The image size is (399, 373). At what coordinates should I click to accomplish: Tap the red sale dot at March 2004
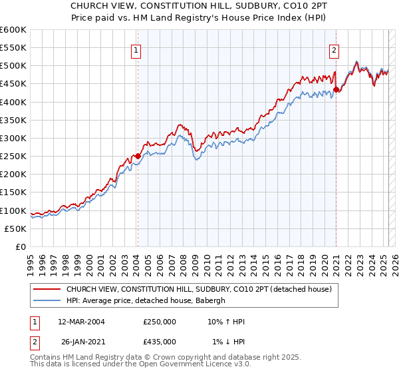[x=138, y=156]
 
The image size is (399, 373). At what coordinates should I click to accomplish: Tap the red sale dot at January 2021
[x=336, y=89]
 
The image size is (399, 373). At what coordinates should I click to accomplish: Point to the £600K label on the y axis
[x=13, y=30]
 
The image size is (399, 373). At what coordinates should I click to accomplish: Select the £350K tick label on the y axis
[x=13, y=121]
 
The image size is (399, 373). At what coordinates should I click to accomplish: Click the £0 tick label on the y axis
[x=21, y=246]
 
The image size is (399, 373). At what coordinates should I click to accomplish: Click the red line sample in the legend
[x=47, y=288]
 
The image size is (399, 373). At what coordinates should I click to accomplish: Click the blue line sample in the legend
[x=47, y=300]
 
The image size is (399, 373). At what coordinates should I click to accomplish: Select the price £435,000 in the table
[x=160, y=342]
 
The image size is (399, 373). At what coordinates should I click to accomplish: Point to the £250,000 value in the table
[x=160, y=322]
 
